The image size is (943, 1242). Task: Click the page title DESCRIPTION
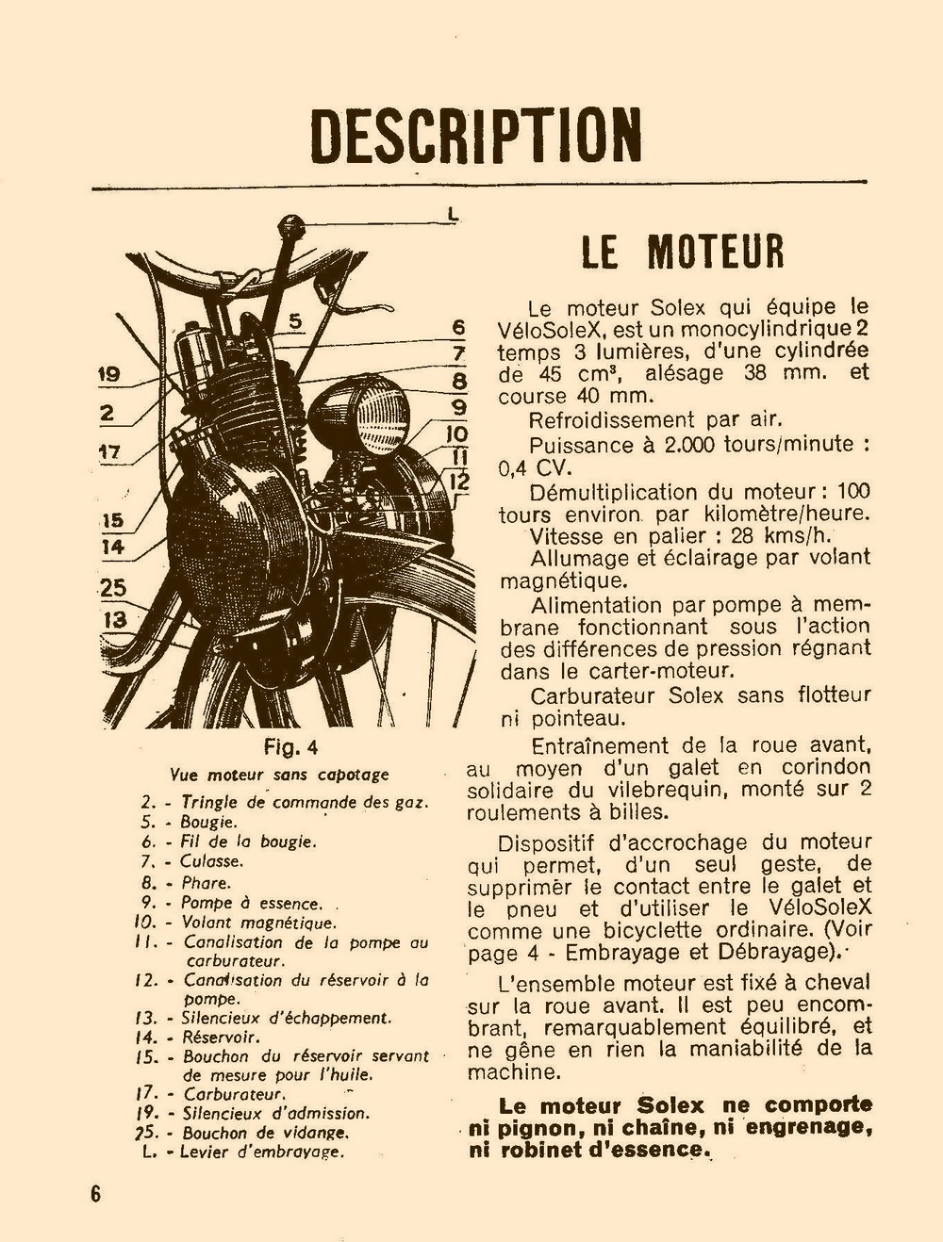476,136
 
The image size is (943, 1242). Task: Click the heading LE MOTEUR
683,251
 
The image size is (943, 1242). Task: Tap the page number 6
95,1192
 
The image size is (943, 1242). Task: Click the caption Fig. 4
290,747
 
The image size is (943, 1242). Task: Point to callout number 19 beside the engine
109,375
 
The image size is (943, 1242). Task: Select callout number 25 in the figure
113,588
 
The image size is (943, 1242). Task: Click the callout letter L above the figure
454,215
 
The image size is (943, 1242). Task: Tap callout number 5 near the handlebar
295,321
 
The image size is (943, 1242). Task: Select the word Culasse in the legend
212,860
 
